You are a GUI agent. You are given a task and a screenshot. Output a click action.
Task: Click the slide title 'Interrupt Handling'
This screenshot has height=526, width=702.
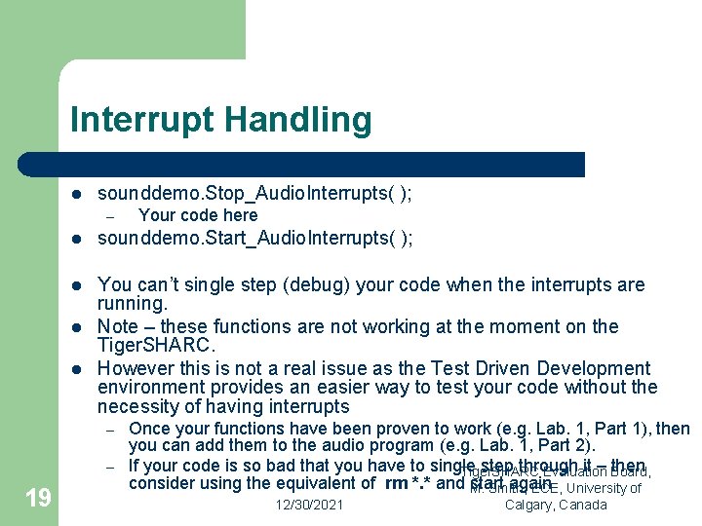(220, 120)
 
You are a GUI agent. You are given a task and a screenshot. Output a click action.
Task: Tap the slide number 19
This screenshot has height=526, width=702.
(38, 499)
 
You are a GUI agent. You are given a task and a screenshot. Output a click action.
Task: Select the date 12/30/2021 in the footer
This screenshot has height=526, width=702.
(308, 505)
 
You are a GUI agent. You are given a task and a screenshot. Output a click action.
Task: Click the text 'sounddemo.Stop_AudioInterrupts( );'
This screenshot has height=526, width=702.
(254, 194)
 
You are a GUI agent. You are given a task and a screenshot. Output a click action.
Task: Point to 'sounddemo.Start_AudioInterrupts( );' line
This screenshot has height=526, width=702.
(255, 239)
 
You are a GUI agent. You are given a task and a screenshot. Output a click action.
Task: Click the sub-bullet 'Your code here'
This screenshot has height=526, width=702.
(198, 215)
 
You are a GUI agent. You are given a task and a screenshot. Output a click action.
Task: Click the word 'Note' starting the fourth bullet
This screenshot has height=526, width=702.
(117, 326)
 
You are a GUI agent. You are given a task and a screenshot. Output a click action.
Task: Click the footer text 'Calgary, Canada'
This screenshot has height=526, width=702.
(556, 505)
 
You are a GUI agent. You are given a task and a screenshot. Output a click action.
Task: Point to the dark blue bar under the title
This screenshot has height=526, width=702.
(322, 164)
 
